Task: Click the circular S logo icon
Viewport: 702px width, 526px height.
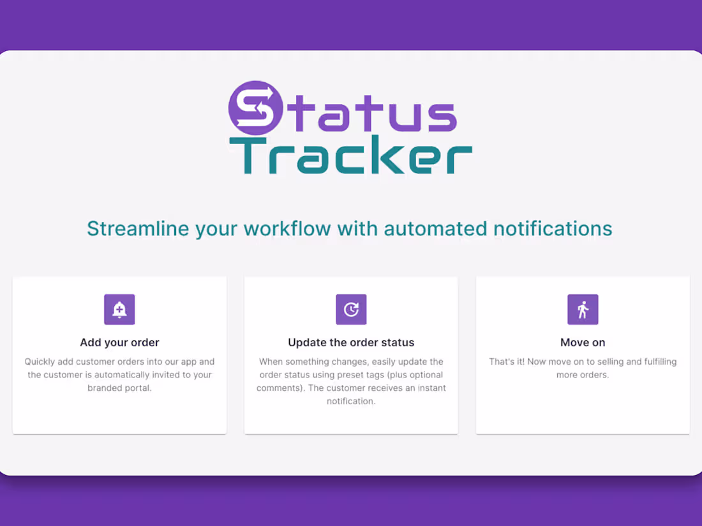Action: click(x=256, y=108)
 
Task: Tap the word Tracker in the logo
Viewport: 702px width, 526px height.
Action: click(x=351, y=156)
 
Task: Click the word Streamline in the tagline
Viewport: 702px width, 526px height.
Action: click(x=138, y=228)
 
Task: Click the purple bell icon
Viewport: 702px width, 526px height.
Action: click(x=119, y=310)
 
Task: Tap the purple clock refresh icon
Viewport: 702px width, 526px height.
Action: click(x=351, y=310)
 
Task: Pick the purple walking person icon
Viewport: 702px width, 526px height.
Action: click(x=583, y=310)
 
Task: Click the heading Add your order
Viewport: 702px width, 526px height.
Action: click(x=119, y=342)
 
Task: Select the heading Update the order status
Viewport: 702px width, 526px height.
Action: click(x=351, y=342)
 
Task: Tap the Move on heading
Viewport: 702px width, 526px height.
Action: click(x=583, y=342)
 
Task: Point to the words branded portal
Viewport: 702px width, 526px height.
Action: click(x=119, y=388)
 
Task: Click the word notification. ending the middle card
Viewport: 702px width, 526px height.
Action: click(x=351, y=401)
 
